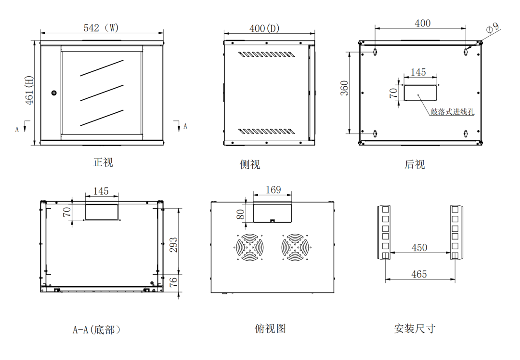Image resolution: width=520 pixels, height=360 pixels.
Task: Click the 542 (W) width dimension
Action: [101, 27]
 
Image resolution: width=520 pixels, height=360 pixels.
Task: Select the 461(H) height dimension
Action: [29, 91]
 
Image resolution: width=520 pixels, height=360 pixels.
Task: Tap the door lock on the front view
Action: [54, 93]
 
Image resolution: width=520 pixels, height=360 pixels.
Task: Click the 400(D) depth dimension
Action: [264, 28]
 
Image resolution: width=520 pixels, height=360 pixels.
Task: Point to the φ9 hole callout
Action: [493, 28]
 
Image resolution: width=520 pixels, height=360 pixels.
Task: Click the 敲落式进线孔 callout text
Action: [453, 112]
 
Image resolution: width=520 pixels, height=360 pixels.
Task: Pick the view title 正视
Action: [103, 162]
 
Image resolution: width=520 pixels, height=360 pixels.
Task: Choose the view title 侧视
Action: [250, 164]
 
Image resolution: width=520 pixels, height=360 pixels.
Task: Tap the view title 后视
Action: [415, 164]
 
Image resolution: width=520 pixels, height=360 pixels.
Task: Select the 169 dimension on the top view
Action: [273, 190]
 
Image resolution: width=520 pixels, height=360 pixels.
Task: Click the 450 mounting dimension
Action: [419, 248]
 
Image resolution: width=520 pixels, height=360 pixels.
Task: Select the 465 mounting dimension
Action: [419, 274]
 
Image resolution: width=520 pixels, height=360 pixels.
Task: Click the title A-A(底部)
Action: [96, 330]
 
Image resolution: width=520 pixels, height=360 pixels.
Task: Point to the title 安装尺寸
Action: [415, 329]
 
